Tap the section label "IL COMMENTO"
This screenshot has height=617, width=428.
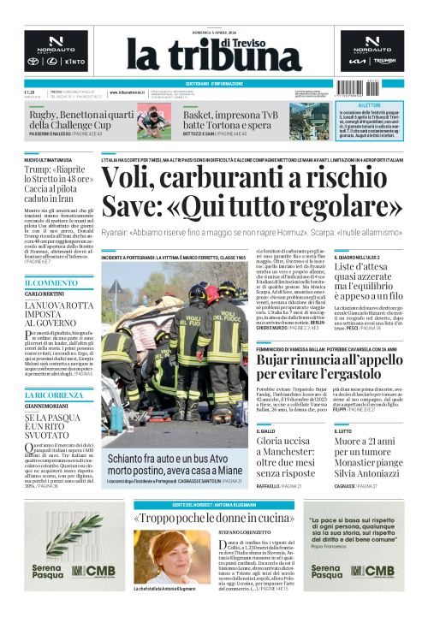(x=51, y=283)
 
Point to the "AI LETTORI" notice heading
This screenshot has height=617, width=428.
(x=369, y=106)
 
